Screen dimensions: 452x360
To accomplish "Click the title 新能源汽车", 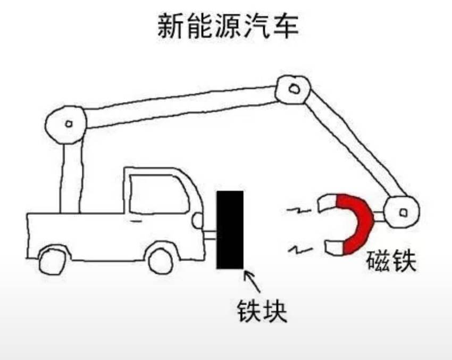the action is pyautogui.click(x=228, y=26).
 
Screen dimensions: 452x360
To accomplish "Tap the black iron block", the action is pyautogui.click(x=230, y=230).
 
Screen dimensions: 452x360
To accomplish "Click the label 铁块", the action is pyautogui.click(x=262, y=311).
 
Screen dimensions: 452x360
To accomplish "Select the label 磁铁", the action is pyautogui.click(x=391, y=261).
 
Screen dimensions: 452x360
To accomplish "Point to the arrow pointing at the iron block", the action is pyautogui.click(x=253, y=281).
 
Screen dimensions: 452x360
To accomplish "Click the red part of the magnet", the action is pyautogui.click(x=355, y=224).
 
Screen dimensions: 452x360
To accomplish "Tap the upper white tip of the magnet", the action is pyautogui.click(x=327, y=203).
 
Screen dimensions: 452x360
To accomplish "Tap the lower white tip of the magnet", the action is pyautogui.click(x=334, y=247).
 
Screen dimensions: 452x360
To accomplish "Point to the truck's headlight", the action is pyautogui.click(x=198, y=221).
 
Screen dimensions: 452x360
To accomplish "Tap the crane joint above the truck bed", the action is pyautogui.click(x=66, y=124).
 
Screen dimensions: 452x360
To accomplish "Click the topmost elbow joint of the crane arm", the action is pyautogui.click(x=293, y=89).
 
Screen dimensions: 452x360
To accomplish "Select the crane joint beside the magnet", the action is pyautogui.click(x=402, y=212).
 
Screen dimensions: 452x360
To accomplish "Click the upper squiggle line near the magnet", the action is pyautogui.click(x=299, y=210).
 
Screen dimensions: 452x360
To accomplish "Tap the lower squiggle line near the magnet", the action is pyautogui.click(x=300, y=249).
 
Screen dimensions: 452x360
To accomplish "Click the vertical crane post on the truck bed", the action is pyautogui.click(x=71, y=177).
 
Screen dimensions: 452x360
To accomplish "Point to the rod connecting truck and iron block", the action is pyautogui.click(x=210, y=235).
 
